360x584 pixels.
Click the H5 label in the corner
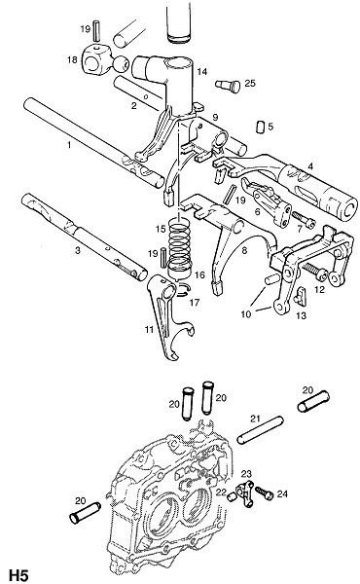[x=18, y=574]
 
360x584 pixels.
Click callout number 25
[x=250, y=83]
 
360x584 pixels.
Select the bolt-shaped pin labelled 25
[x=228, y=86]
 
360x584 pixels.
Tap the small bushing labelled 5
[x=260, y=127]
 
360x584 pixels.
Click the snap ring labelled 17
[x=182, y=290]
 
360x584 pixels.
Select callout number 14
[x=201, y=71]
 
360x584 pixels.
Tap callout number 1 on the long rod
[x=69, y=144]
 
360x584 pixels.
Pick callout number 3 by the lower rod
[x=78, y=250]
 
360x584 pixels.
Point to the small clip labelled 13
[x=300, y=295]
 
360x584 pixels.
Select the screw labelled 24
[x=265, y=493]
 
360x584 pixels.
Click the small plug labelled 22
[x=233, y=496]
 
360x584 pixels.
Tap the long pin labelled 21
[x=260, y=429]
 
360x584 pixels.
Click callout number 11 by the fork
[x=149, y=329]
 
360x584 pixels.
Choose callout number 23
[x=246, y=474]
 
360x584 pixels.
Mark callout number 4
[x=310, y=166]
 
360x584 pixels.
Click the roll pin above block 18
[x=96, y=30]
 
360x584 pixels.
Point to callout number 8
[x=244, y=250]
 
